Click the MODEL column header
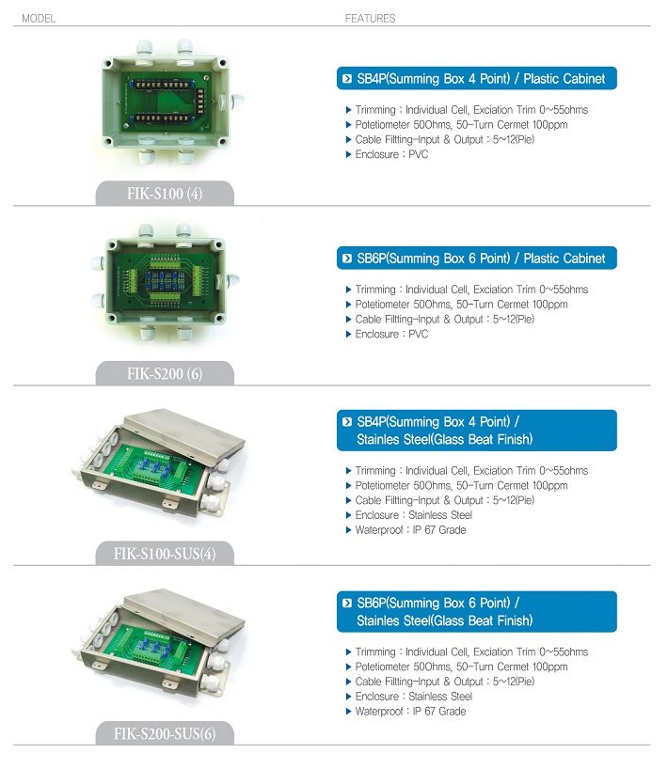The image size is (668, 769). pos(39,19)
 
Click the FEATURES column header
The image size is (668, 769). pos(370,19)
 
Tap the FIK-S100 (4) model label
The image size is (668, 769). pos(165,194)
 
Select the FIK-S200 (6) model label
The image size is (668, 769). pos(165,374)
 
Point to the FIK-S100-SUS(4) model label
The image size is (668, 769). pos(165,554)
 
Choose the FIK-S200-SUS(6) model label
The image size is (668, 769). pos(165,733)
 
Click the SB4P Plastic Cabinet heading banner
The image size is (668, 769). pos(477,78)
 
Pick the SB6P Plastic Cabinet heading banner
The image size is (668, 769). pos(477,258)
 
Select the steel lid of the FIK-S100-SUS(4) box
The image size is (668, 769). pos(183,432)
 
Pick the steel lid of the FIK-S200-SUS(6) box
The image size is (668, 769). pos(183,612)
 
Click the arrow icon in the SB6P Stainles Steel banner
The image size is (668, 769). pos(347,604)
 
